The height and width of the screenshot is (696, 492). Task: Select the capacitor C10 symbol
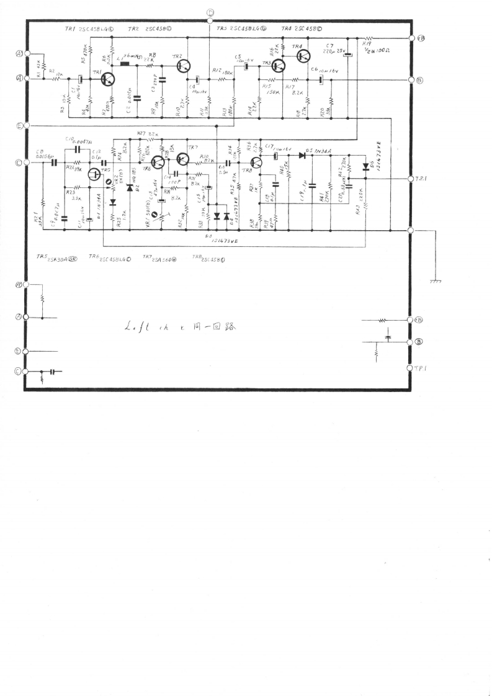click(x=78, y=149)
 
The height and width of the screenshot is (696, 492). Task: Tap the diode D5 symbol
click(x=302, y=155)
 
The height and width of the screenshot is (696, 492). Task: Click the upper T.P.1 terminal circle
click(x=411, y=179)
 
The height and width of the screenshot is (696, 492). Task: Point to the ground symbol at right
click(x=436, y=282)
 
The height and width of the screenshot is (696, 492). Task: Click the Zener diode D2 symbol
click(x=130, y=187)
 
